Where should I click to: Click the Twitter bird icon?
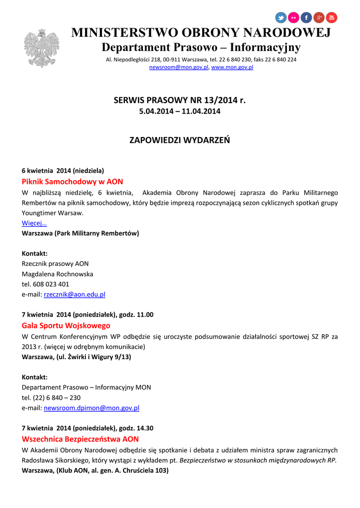[x=281, y=18]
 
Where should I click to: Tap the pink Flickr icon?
[x=294, y=18]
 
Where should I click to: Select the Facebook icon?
[x=306, y=18]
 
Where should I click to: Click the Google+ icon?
[x=319, y=18]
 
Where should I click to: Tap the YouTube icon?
[x=331, y=18]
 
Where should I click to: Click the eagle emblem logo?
[x=41, y=48]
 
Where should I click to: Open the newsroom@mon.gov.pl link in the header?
[x=179, y=67]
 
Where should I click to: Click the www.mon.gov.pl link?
[x=232, y=67]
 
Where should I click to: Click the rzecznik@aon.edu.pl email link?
[x=74, y=294]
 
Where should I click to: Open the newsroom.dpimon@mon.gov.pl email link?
[x=91, y=408]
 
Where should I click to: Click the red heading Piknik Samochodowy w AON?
[x=72, y=182]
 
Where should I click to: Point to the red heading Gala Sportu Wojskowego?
[x=66, y=325]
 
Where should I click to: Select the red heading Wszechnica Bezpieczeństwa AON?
[x=80, y=439]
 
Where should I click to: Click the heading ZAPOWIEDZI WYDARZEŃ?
[x=180, y=140]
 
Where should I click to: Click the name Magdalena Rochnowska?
[x=58, y=274]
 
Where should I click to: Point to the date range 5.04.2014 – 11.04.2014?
[x=180, y=111]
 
